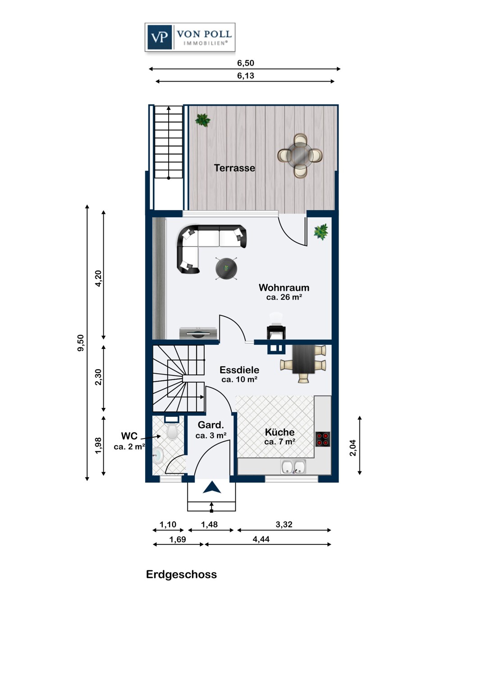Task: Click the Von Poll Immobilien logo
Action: click(x=190, y=37)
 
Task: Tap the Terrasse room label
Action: click(x=234, y=168)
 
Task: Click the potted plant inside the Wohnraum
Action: click(x=321, y=232)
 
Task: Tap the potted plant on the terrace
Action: click(x=202, y=120)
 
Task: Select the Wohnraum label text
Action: click(x=284, y=288)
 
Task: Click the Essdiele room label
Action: click(x=239, y=370)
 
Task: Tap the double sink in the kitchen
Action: click(x=293, y=467)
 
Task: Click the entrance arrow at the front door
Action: click(x=211, y=487)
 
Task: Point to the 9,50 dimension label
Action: click(x=81, y=343)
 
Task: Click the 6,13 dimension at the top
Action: click(x=245, y=76)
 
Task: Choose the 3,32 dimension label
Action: click(x=284, y=525)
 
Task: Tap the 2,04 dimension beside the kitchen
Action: click(x=353, y=448)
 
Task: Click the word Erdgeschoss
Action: click(x=181, y=575)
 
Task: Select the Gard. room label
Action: click(x=211, y=425)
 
